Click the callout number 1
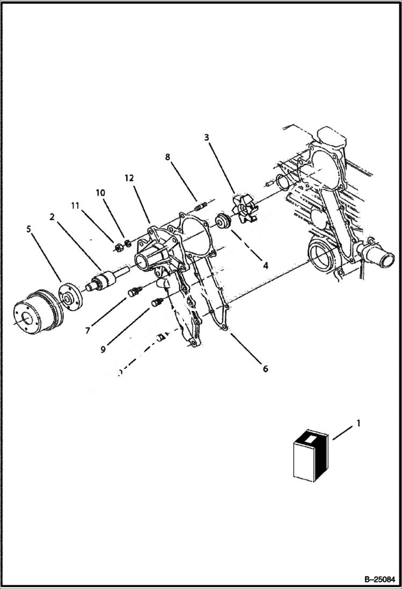click(359, 424)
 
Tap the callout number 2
click(52, 217)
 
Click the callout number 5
click(28, 229)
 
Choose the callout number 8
click(167, 157)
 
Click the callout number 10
click(101, 192)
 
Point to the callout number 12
click(129, 178)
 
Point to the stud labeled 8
click(201, 205)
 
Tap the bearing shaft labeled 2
click(104, 281)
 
